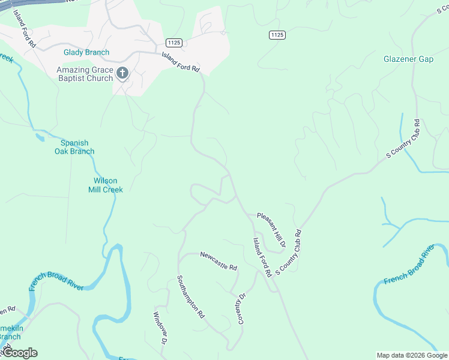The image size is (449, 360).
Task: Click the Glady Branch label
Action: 86,52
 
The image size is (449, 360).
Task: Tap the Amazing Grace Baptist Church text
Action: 85,74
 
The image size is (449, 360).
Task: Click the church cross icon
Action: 122,73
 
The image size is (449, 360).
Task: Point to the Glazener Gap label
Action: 408,59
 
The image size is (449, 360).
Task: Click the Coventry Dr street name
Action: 242,308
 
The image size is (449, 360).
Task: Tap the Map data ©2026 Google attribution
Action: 412,355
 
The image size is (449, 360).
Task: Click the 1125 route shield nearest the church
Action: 174,43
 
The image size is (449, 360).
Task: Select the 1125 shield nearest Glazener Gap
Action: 277,35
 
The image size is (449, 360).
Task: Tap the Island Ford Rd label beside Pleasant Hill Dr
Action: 262,257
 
